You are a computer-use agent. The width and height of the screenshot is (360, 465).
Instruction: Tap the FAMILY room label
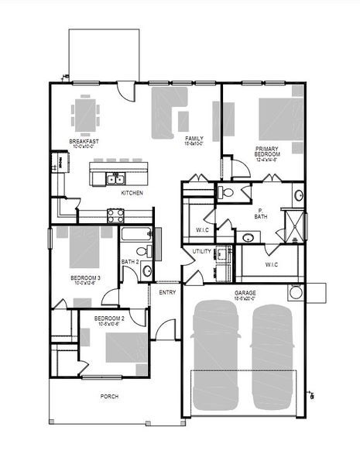(194, 139)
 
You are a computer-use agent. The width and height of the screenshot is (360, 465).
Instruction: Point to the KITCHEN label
(132, 192)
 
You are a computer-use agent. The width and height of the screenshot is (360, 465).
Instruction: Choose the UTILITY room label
(202, 252)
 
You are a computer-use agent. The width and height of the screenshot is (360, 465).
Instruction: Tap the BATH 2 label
(130, 262)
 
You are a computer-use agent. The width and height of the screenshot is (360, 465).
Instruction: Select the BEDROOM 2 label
(109, 319)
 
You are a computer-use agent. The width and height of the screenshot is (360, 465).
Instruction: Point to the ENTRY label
(167, 292)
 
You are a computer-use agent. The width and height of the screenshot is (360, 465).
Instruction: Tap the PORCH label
(109, 396)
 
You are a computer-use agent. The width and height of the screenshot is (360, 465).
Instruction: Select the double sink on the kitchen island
(115, 179)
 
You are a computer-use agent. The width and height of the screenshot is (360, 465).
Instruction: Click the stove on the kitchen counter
(115, 215)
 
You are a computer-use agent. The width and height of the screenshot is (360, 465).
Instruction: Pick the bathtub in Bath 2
(139, 234)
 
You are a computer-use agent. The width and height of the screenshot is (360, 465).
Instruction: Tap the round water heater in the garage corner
(296, 294)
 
